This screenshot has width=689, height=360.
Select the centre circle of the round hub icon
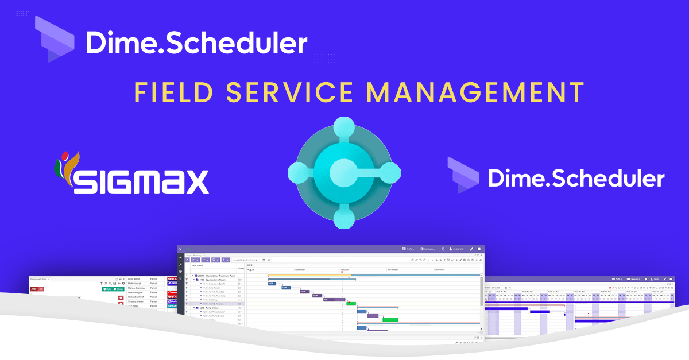(x=344, y=171)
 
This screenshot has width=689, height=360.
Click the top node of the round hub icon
(x=344, y=127)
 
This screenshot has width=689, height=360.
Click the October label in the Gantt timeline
(x=345, y=269)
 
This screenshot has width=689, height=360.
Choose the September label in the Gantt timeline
(x=300, y=269)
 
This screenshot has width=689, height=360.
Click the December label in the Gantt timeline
(x=439, y=269)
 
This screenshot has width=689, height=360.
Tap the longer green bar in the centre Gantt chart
(x=390, y=319)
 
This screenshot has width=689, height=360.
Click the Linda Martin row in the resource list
(x=133, y=279)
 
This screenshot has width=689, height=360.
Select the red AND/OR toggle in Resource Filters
(x=37, y=289)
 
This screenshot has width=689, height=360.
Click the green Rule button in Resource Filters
(x=106, y=289)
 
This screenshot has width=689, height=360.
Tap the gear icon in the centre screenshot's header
(x=479, y=249)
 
